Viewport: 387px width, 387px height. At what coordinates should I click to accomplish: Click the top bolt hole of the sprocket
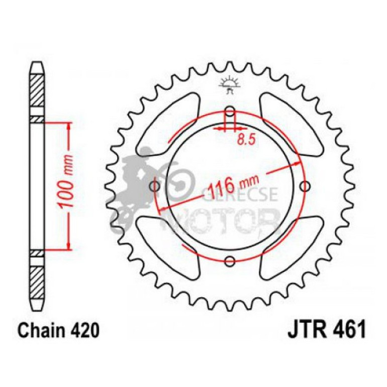point(230,112)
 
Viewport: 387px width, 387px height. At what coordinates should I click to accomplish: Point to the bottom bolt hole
point(230,261)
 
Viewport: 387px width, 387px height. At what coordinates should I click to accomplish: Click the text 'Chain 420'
point(55,331)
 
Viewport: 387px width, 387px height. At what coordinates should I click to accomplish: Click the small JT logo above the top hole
point(229,84)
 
